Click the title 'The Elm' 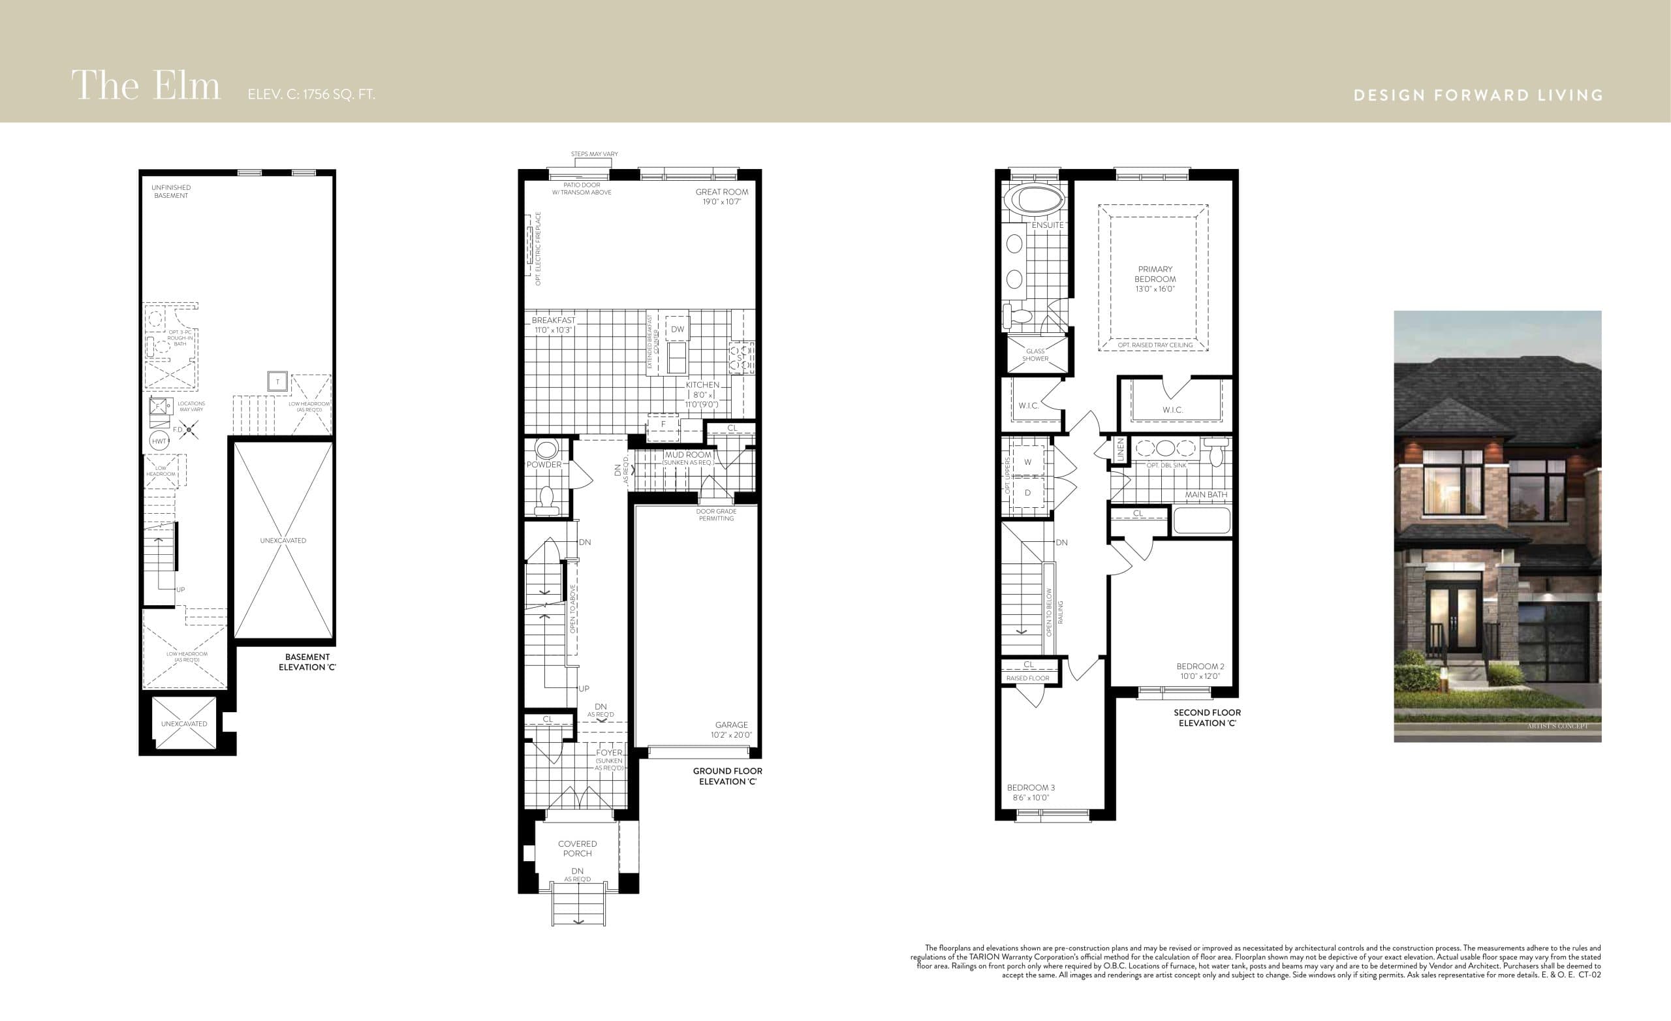pyautogui.click(x=146, y=86)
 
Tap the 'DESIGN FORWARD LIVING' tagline pyautogui.click(x=1478, y=95)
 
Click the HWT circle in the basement pyautogui.click(x=159, y=441)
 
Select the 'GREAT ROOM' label pyautogui.click(x=721, y=192)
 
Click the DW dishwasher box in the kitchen pyautogui.click(x=678, y=330)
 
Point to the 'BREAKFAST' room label pyautogui.click(x=554, y=321)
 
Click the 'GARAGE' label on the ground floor pyautogui.click(x=731, y=725)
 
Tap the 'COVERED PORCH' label pyautogui.click(x=577, y=849)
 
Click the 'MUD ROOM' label pyautogui.click(x=688, y=454)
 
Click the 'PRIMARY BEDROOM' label pyautogui.click(x=1155, y=274)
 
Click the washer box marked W pyautogui.click(x=1027, y=462)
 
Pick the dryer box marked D pyautogui.click(x=1027, y=492)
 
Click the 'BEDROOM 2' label pyautogui.click(x=1200, y=666)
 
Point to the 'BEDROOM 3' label pyautogui.click(x=1030, y=788)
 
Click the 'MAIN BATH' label pyautogui.click(x=1206, y=495)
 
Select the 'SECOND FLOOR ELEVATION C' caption pyautogui.click(x=1207, y=717)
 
